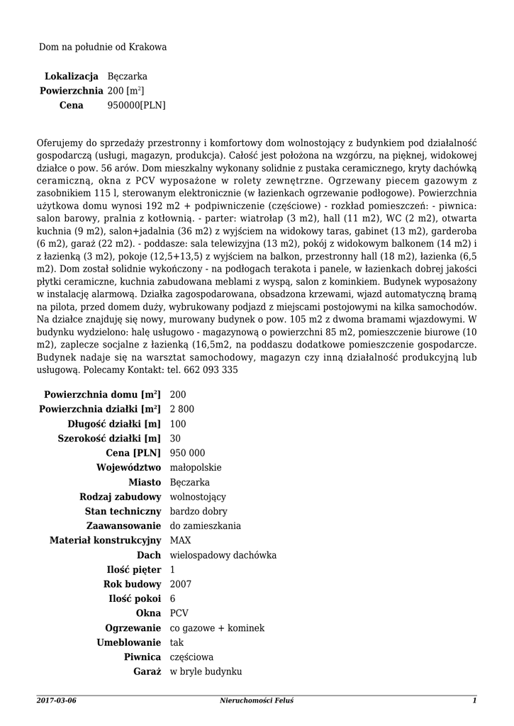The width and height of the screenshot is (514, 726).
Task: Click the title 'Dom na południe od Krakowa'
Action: pyautogui.click(x=103, y=47)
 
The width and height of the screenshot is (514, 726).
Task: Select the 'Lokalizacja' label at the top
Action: pyautogui.click(x=71, y=76)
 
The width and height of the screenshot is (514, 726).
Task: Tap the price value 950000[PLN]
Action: pyautogui.click(x=136, y=105)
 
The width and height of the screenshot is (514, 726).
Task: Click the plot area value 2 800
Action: pyautogui.click(x=182, y=409)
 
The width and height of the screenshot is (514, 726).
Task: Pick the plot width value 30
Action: pyautogui.click(x=176, y=438)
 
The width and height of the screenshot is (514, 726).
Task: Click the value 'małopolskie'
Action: pyautogui.click(x=196, y=467)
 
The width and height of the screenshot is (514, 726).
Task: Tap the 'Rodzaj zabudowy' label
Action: pyautogui.click(x=121, y=496)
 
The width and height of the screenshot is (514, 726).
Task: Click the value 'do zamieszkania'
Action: pyautogui.click(x=205, y=525)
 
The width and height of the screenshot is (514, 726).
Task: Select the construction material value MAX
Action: pyautogui.click(x=181, y=540)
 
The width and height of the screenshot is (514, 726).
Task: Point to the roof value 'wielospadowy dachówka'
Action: pyautogui.click(x=223, y=554)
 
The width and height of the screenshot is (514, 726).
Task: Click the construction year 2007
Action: pyautogui.click(x=181, y=583)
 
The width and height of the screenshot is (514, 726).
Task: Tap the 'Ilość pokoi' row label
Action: pyautogui.click(x=132, y=598)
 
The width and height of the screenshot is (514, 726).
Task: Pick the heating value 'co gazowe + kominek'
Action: pyautogui.click(x=217, y=627)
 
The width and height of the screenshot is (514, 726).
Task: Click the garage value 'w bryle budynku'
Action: pyautogui.click(x=206, y=671)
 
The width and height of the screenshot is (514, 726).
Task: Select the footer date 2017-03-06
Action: pyautogui.click(x=56, y=700)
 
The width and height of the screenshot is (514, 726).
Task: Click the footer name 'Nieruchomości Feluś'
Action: pyautogui.click(x=257, y=700)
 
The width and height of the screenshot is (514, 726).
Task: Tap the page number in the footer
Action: pyautogui.click(x=474, y=700)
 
